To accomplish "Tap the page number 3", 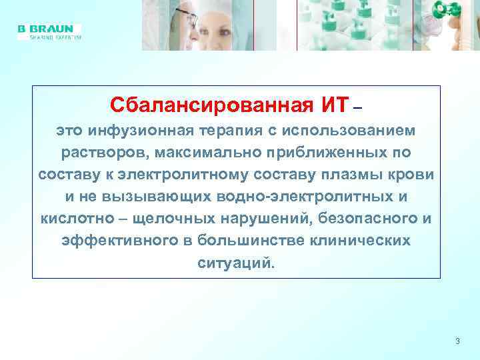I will point(457,341).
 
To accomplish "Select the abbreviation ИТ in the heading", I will point(335,105).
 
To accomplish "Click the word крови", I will point(413,174).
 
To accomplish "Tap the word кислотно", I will point(74,219).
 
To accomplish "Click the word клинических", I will point(361,241).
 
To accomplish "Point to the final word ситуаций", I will point(235,263).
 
